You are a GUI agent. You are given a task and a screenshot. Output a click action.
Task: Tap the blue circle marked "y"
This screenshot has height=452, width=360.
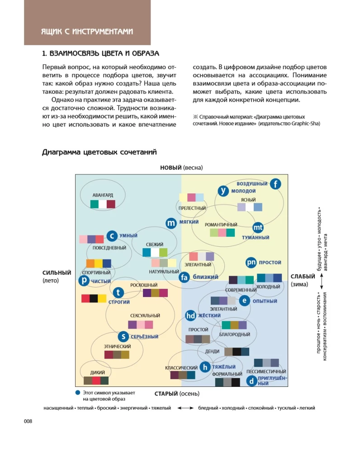(223, 191)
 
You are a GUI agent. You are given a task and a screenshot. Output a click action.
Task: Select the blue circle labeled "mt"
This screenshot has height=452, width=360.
(258, 227)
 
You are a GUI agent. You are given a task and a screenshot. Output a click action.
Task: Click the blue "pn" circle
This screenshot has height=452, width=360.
(251, 263)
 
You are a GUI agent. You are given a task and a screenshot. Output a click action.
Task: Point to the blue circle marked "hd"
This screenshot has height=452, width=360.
(191, 315)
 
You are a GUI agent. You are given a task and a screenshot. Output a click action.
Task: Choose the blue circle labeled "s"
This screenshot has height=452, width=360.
(123, 336)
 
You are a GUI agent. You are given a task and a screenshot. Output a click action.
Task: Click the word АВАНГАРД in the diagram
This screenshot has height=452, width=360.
(103, 195)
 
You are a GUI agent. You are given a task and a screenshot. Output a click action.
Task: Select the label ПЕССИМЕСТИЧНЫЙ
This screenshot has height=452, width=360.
(266, 372)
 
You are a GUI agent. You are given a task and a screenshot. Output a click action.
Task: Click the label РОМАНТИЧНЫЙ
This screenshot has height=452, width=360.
(221, 225)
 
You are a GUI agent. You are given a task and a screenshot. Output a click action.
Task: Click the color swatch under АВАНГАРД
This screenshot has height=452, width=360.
(103, 204)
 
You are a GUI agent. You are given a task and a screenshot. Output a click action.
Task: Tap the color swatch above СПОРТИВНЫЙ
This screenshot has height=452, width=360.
(99, 264)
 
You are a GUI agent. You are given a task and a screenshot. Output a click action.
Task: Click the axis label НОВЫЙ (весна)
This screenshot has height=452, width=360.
(181, 168)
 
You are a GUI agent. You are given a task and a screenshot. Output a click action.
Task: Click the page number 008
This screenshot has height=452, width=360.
(28, 421)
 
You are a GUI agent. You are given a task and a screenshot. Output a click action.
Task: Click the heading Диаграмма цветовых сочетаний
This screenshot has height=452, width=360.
(99, 152)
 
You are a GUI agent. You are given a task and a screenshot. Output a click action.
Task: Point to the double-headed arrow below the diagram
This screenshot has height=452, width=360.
(185, 408)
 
